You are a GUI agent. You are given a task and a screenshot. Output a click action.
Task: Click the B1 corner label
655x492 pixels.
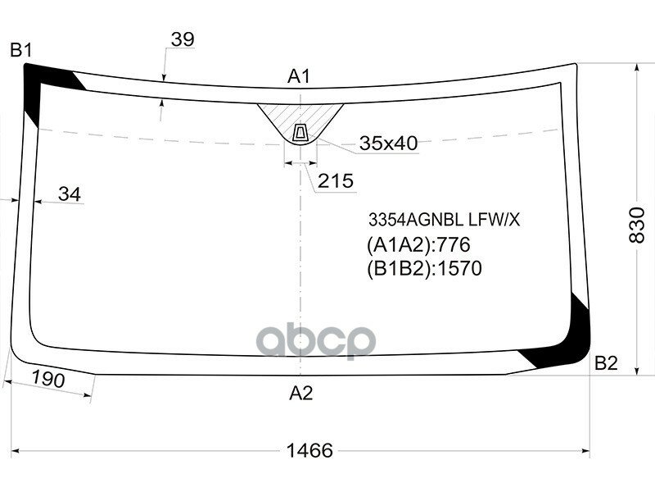click(20, 51)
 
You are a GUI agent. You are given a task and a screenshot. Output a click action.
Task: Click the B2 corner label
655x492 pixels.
click(606, 363)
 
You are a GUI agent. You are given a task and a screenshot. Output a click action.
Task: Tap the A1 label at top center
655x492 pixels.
click(299, 77)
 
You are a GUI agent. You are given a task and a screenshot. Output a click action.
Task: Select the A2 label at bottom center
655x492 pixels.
click(301, 394)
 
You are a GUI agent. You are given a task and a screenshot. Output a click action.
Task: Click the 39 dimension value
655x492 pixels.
click(183, 39)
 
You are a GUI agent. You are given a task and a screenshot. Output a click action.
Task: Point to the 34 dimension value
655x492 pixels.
click(70, 194)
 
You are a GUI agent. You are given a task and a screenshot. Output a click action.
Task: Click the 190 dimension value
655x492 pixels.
click(48, 380)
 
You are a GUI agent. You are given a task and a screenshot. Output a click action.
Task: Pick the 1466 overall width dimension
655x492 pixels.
click(309, 450)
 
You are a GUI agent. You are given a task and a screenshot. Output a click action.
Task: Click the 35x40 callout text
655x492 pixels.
click(388, 144)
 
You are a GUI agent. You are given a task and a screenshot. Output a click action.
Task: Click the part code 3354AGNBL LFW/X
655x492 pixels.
click(443, 220)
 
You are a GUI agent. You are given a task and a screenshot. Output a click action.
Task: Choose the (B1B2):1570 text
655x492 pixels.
click(423, 268)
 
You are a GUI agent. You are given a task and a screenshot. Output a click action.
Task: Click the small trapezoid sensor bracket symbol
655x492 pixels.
click(300, 132)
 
